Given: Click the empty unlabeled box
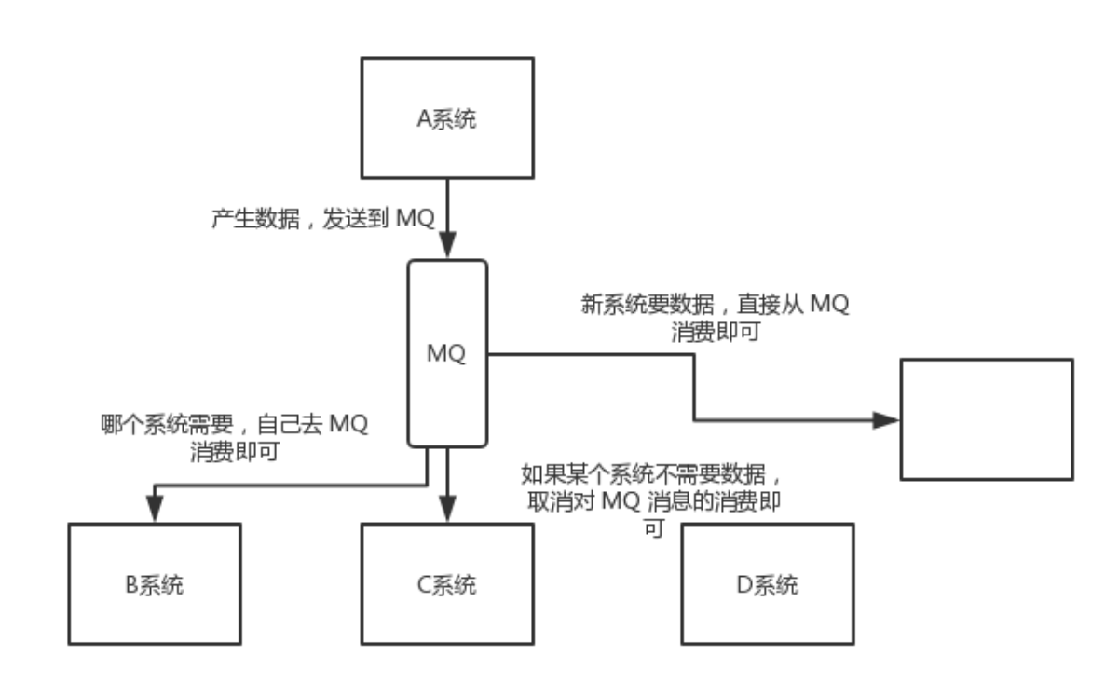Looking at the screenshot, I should pos(986,419).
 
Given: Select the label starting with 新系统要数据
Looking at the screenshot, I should pos(713,317).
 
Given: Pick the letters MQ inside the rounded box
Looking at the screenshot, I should pos(447,354).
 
